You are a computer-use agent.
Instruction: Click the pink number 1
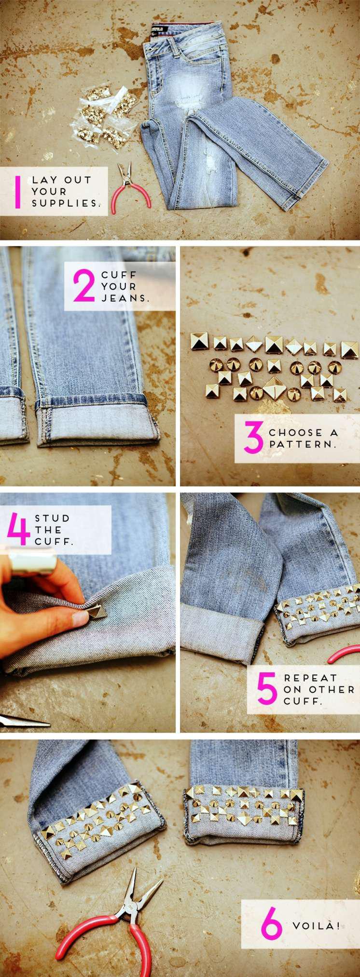point(18,192)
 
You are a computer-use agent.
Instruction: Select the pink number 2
point(84,286)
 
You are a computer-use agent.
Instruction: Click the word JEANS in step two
point(125,298)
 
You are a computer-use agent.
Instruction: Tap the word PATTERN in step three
point(302,444)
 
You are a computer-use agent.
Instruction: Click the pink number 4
point(19,530)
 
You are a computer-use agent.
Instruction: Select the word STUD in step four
point(52,518)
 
